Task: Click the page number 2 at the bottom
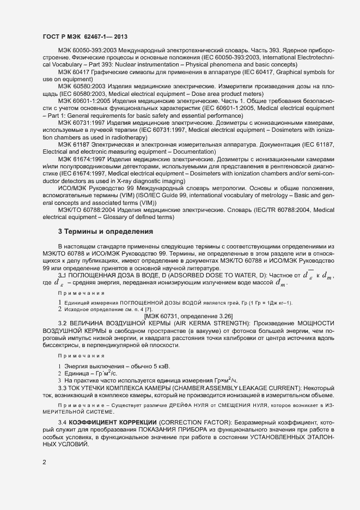coord(44,462)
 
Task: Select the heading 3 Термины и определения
coord(105,232)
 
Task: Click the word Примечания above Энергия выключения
coord(81,355)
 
